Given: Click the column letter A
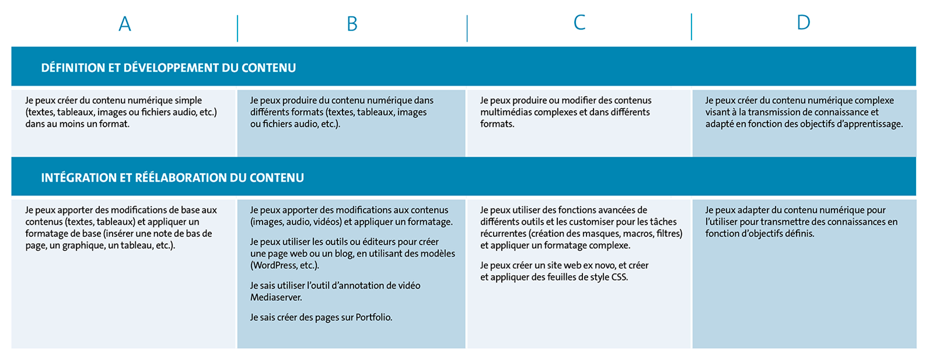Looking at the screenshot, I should point(125,24).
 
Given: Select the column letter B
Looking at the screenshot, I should point(352,24).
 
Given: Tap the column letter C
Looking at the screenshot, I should point(579,23).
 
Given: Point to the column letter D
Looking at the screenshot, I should point(803,23).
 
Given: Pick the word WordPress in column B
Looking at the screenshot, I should point(275,265).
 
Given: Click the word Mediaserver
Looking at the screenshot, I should point(276,297).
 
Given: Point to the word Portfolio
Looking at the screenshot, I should point(373,317).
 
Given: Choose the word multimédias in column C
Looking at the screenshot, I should point(505,112).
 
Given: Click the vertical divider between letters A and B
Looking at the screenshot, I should point(237,28).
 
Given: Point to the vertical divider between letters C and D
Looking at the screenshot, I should point(692,27).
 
